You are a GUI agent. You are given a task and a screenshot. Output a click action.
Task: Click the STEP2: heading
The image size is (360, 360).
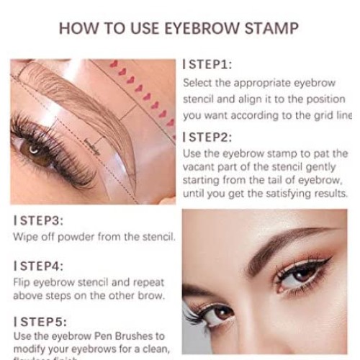[x=210, y=137]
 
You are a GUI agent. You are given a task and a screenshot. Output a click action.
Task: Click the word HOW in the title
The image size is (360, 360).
[x=75, y=28]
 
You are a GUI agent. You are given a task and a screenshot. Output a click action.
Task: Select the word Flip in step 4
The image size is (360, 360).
[x=23, y=282]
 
